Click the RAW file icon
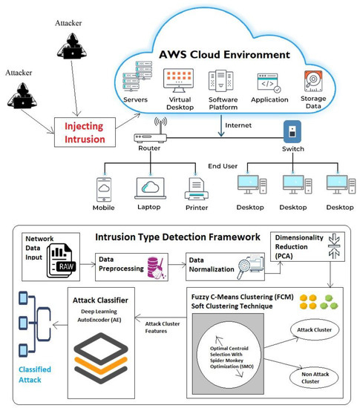click(x=61, y=259)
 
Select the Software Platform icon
click(x=223, y=82)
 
